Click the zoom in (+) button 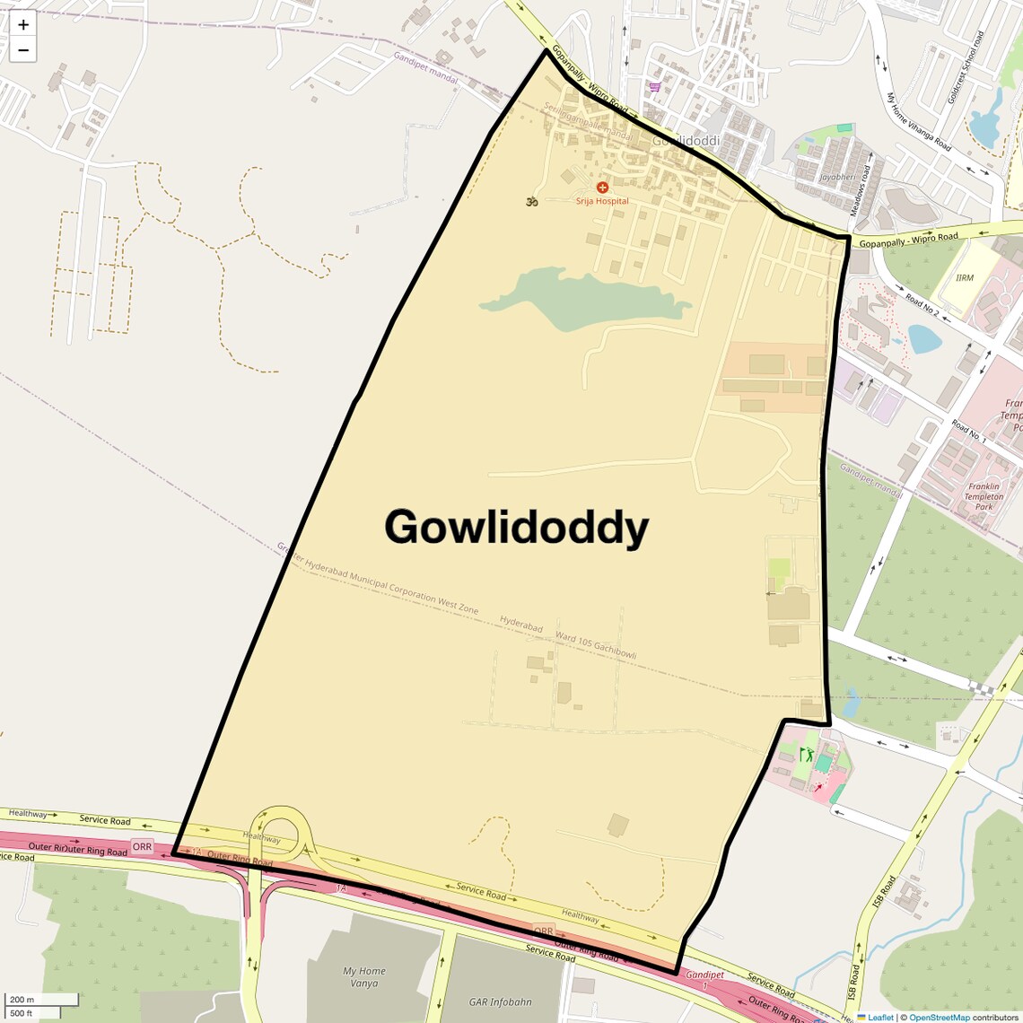[22, 24]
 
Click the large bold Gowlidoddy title [516, 527]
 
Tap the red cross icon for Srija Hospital [602, 188]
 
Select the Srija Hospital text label [602, 201]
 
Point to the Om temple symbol [531, 202]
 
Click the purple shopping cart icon [655, 87]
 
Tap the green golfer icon [805, 755]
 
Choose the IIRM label [965, 278]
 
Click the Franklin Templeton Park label [984, 496]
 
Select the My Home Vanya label [364, 976]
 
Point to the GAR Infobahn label [500, 1001]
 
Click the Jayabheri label [837, 177]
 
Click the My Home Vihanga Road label [918, 121]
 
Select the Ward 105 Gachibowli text [595, 645]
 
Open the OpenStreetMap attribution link [940, 1018]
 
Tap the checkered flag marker [984, 689]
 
